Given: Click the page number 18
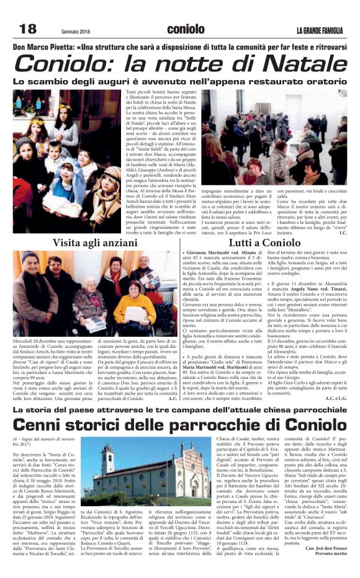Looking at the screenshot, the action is coord(28,29).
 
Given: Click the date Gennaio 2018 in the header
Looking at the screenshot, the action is coord(78,32).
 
